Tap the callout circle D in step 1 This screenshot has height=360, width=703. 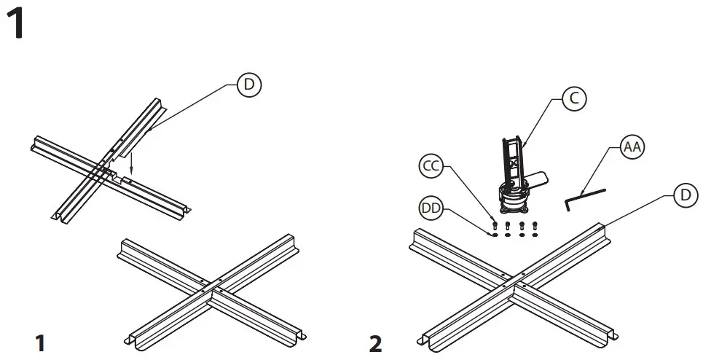[249, 85]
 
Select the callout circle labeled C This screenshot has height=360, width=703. [575, 100]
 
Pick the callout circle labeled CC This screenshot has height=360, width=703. [432, 167]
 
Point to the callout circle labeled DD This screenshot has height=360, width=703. [432, 208]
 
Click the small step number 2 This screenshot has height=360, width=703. [376, 343]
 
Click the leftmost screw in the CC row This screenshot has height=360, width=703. [495, 223]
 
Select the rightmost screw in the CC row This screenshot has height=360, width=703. [535, 224]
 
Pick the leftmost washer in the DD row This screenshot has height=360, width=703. [495, 235]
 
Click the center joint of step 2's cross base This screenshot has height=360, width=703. [513, 283]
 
